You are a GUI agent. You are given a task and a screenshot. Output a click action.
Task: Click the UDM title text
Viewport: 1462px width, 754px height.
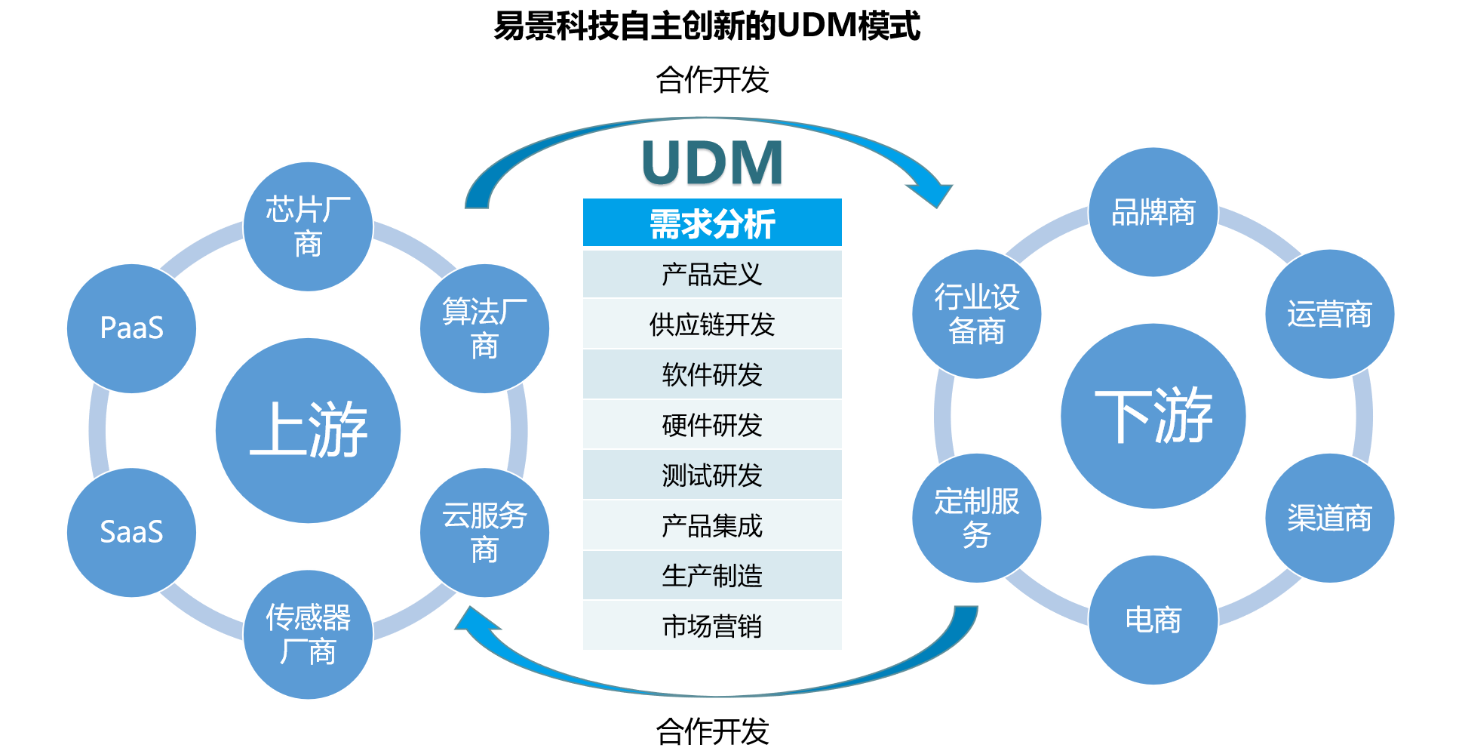(712, 164)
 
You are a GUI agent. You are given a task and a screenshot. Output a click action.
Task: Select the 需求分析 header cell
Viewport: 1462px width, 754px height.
(712, 223)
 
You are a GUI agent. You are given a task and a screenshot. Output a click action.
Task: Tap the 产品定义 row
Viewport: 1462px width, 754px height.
(712, 274)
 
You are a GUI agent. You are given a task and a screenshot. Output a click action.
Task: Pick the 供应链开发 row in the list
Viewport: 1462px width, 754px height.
(712, 325)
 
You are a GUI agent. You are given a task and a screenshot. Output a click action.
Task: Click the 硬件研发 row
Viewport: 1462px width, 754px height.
(712, 425)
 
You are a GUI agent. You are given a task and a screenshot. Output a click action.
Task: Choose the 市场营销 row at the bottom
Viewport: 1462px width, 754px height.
(712, 626)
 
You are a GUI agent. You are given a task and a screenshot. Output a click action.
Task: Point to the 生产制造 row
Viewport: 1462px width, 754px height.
(712, 576)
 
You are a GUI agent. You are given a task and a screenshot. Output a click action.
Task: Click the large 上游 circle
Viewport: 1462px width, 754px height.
(308, 430)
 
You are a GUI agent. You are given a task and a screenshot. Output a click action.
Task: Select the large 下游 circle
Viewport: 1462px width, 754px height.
(1153, 416)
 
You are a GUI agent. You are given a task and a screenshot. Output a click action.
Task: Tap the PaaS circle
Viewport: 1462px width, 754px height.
(131, 328)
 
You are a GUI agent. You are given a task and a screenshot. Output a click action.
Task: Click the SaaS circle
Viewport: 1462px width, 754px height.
(131, 532)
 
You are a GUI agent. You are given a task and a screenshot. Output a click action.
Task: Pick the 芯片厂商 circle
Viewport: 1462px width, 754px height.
(308, 226)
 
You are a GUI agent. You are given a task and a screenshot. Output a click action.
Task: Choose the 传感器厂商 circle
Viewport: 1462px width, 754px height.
(308, 634)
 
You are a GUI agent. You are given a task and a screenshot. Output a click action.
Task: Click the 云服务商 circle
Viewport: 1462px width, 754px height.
(484, 532)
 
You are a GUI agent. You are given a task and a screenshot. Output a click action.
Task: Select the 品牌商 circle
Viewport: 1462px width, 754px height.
(1153, 212)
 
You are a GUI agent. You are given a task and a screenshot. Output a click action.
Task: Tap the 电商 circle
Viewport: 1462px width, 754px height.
(1153, 620)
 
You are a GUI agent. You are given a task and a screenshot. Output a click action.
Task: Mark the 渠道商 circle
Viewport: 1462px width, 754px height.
(1329, 518)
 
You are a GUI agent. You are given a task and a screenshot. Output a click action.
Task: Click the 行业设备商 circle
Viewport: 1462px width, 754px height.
(977, 314)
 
